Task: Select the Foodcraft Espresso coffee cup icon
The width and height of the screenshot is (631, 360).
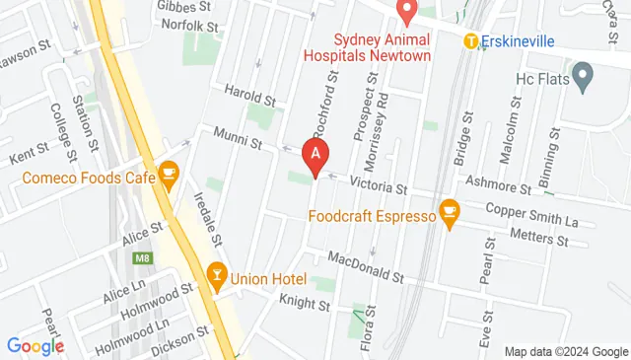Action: [x=451, y=212]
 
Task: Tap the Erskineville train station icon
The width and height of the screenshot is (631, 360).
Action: [x=471, y=41]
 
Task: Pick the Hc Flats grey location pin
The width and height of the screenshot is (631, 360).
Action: [x=583, y=73]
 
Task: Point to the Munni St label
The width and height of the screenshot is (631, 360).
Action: [x=239, y=144]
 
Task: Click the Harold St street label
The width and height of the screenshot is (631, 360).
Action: [x=249, y=99]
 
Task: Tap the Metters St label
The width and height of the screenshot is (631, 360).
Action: [x=541, y=237]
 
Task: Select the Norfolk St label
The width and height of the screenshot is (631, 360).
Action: [x=186, y=25]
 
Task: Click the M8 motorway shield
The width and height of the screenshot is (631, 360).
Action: [x=141, y=258]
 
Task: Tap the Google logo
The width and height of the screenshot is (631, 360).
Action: [x=35, y=346]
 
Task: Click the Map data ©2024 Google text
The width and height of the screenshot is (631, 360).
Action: [x=566, y=352]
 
